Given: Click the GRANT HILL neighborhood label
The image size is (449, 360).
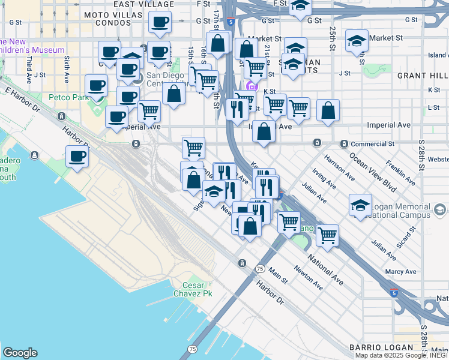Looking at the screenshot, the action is click(420, 76).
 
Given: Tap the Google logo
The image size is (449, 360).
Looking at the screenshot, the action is click(20, 353).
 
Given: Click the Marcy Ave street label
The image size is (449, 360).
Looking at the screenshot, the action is click(402, 272).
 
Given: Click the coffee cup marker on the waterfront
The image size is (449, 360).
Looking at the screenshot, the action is click(77, 157).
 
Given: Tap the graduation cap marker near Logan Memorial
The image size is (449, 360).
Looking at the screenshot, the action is click(360, 206).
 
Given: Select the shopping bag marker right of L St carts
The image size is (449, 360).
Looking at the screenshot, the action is click(328, 111).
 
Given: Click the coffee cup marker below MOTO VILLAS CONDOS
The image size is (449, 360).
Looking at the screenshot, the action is click(160, 23).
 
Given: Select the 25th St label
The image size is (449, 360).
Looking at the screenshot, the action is click(332, 37).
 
